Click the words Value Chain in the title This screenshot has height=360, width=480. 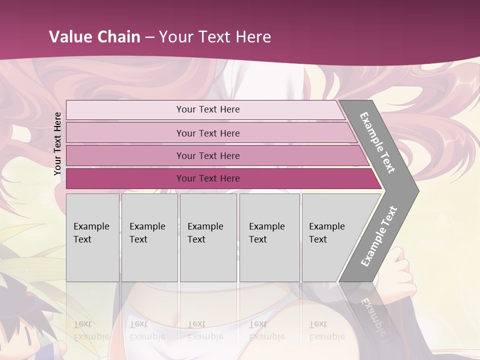pyautogui.click(x=94, y=37)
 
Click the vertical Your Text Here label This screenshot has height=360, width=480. pyautogui.click(x=57, y=143)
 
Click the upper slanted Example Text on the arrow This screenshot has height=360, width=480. pyautogui.click(x=377, y=142)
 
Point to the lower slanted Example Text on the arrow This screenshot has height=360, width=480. pyautogui.click(x=378, y=236)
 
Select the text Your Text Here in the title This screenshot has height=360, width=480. pyautogui.click(x=215, y=37)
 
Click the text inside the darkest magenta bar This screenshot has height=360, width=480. pyautogui.click(x=208, y=178)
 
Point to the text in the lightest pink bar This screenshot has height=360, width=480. pyautogui.click(x=208, y=109)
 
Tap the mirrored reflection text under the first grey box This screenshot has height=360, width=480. pyautogui.click(x=91, y=330)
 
